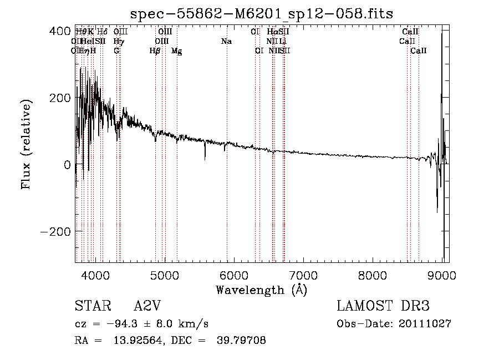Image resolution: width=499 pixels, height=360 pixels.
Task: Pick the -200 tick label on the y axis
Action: pos(54,232)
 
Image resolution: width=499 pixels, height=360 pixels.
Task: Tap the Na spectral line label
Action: pos(226,42)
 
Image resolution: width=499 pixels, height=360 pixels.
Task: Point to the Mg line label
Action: pos(177,51)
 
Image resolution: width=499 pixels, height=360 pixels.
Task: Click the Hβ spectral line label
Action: pos(155,51)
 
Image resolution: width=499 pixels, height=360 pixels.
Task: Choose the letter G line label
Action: pos(116,51)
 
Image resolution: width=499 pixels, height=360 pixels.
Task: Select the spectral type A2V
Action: pos(147,306)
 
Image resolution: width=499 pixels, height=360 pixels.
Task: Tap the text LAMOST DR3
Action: pos(383,306)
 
